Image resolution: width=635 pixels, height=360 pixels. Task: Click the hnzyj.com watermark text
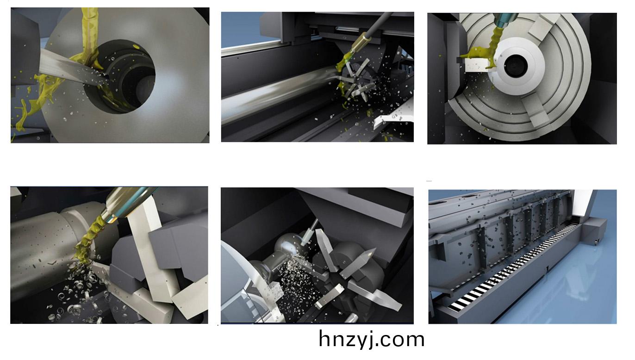[x=372, y=339]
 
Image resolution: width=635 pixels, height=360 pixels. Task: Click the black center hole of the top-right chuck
[x=516, y=66]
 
